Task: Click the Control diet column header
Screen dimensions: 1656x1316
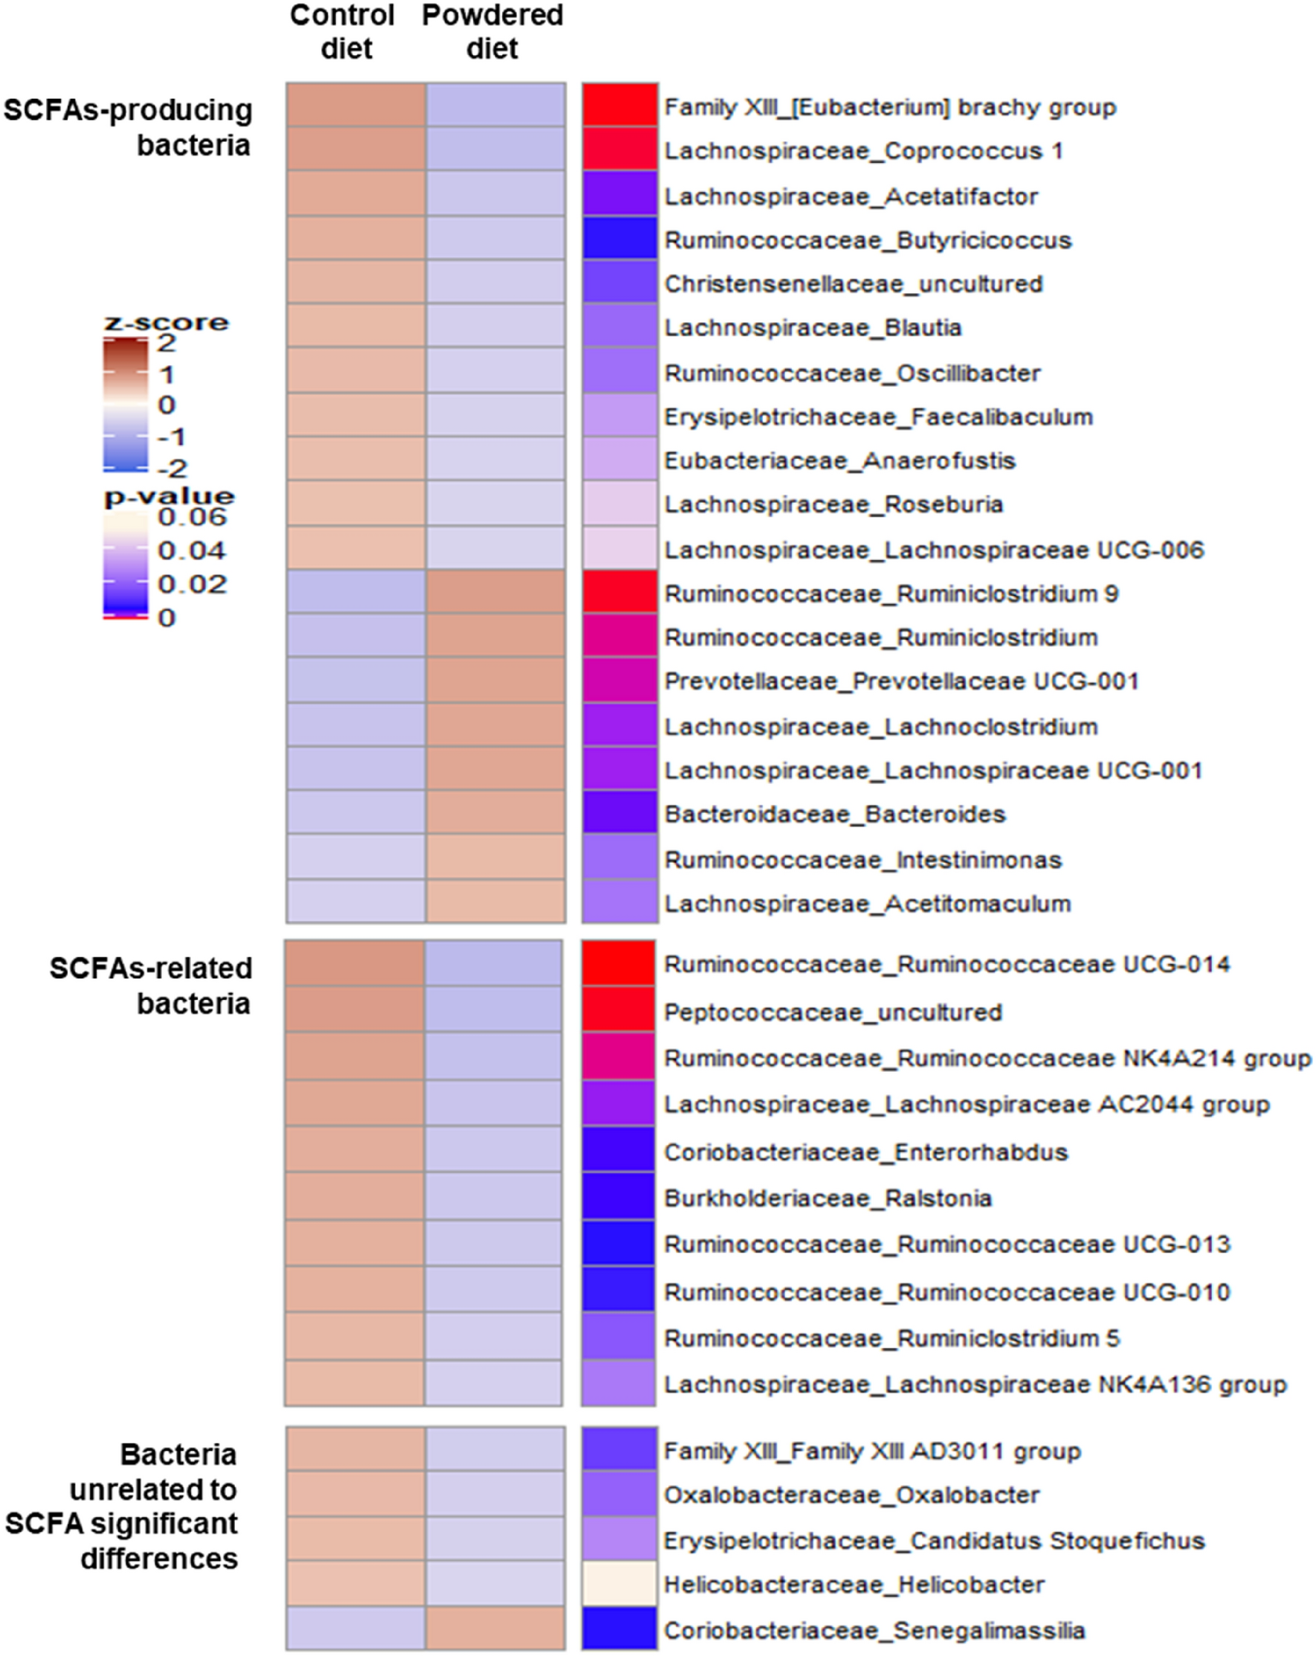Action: [343, 31]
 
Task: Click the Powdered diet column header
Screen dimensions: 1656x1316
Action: [492, 31]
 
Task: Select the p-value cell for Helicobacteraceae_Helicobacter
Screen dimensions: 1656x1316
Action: [619, 1584]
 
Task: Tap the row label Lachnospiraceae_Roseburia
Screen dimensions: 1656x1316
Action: [833, 504]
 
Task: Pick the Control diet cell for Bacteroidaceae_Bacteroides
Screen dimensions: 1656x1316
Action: [355, 812]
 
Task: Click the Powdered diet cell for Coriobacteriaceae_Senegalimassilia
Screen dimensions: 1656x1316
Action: [495, 1629]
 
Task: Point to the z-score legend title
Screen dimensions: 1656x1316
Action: [167, 322]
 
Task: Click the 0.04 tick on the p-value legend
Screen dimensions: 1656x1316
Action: [192, 550]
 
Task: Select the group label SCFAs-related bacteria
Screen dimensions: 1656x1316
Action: [151, 986]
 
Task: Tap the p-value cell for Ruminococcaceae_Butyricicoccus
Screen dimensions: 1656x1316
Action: [619, 239]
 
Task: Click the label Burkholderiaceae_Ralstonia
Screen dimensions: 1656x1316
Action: [828, 1198]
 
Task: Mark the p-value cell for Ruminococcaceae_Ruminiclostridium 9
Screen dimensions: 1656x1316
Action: [619, 591]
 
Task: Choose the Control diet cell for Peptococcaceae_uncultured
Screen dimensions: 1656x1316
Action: [354, 1010]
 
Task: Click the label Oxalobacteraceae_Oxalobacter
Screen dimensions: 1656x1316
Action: [851, 1495]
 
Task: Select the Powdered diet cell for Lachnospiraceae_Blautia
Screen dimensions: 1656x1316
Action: [495, 326]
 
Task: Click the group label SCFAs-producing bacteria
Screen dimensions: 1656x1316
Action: [128, 126]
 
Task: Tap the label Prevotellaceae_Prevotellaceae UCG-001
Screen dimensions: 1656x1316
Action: [900, 681]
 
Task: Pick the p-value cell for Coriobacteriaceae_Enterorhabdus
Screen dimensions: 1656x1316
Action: [618, 1150]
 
